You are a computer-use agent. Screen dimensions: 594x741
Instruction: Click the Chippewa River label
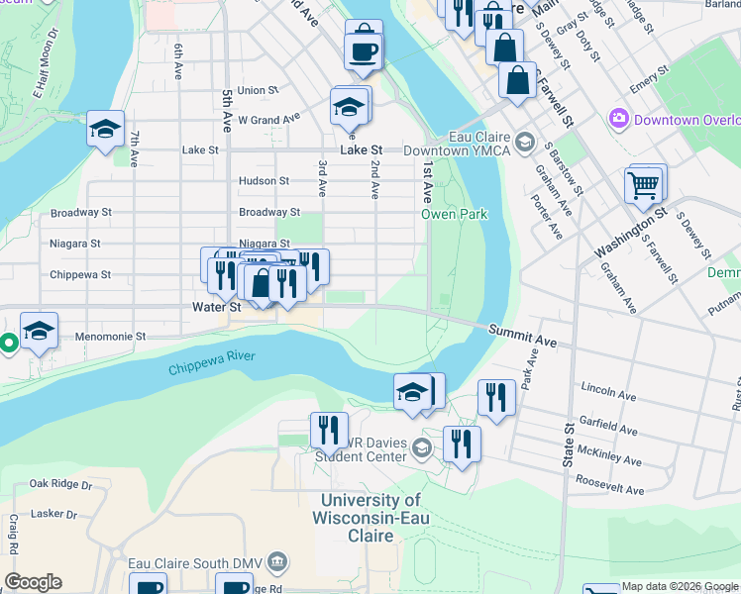click(x=211, y=362)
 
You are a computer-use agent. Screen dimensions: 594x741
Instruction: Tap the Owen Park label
click(x=455, y=214)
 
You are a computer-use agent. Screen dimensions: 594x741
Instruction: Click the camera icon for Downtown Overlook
click(x=619, y=119)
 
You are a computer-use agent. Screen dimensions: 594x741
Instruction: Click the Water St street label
click(x=216, y=308)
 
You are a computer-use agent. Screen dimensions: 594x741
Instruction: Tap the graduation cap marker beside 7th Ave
click(x=104, y=130)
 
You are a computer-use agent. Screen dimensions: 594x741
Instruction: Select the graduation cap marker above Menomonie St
click(x=39, y=332)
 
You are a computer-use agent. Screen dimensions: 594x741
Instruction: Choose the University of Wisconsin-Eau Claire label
click(x=367, y=518)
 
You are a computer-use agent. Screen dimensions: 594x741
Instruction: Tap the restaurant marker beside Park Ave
click(x=496, y=397)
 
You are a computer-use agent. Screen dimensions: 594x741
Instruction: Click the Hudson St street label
click(x=264, y=181)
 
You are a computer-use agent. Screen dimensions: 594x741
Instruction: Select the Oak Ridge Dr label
click(x=59, y=484)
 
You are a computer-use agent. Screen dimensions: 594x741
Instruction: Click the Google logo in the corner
click(x=33, y=582)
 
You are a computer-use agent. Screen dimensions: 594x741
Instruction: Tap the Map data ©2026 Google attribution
click(x=680, y=587)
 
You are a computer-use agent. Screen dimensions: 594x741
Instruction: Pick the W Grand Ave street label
click(x=268, y=120)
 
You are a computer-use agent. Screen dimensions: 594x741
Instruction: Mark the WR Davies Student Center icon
click(x=422, y=449)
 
